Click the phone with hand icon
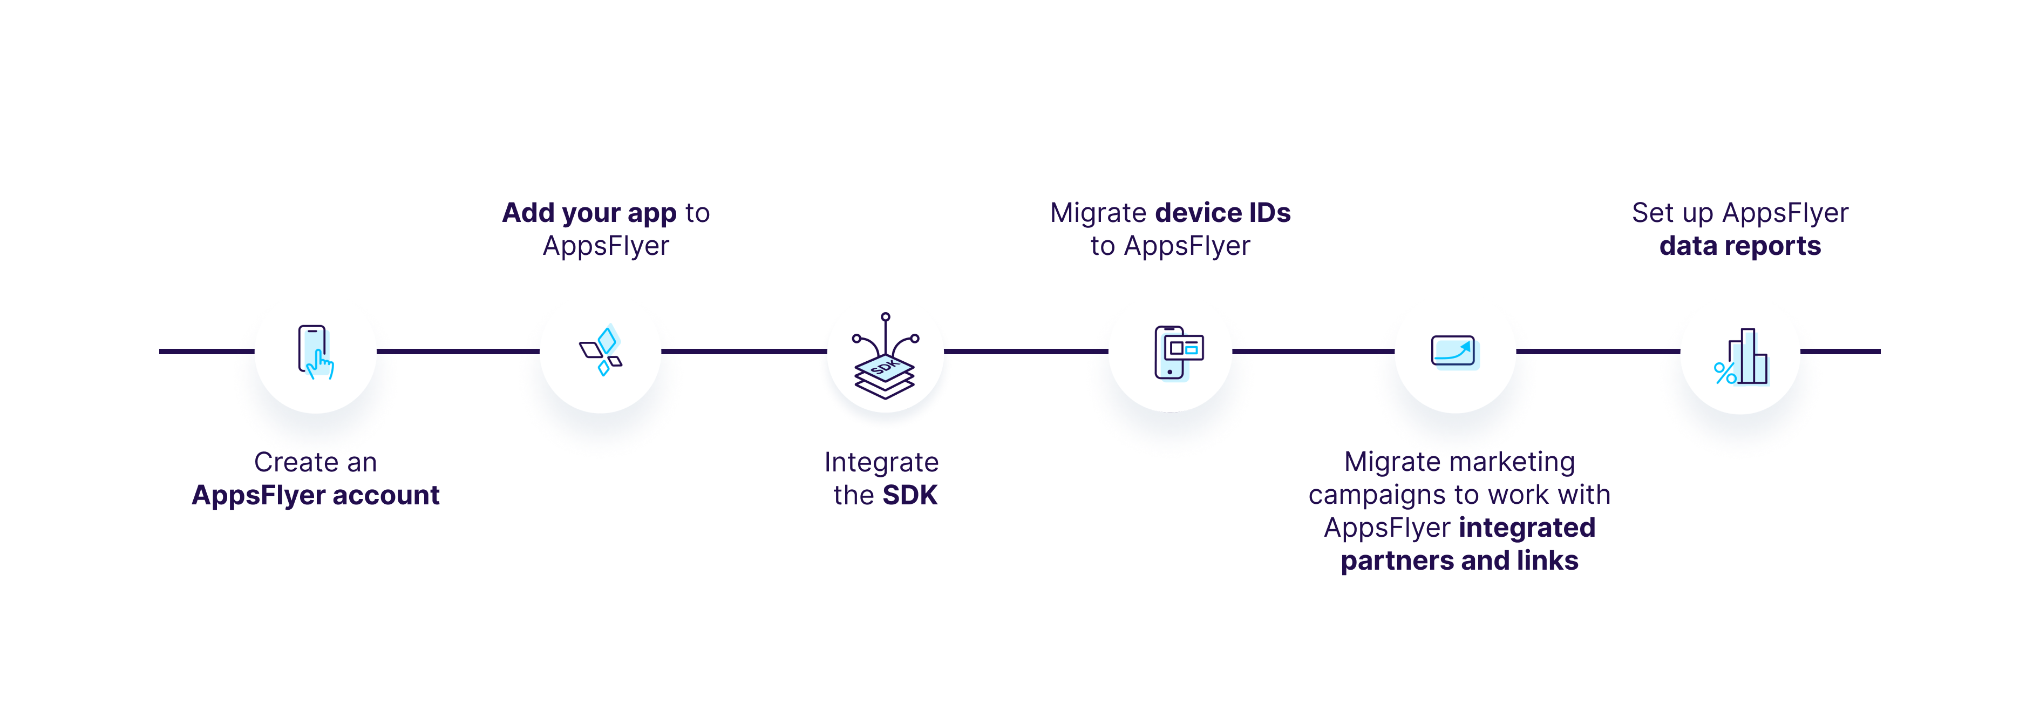tap(315, 353)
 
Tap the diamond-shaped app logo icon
tap(601, 352)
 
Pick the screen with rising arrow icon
tap(1454, 352)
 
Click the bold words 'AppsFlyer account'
tap(315, 495)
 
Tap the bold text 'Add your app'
tap(589, 213)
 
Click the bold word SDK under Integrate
tap(910, 495)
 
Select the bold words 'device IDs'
tap(1223, 213)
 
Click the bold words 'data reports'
tap(1740, 246)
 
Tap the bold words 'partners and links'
tap(1459, 561)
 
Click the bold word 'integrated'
tap(1527, 528)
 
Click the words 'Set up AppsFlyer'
tap(1740, 213)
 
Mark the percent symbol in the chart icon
tap(1724, 373)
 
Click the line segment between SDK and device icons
tap(1025, 351)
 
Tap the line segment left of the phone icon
tap(207, 351)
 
